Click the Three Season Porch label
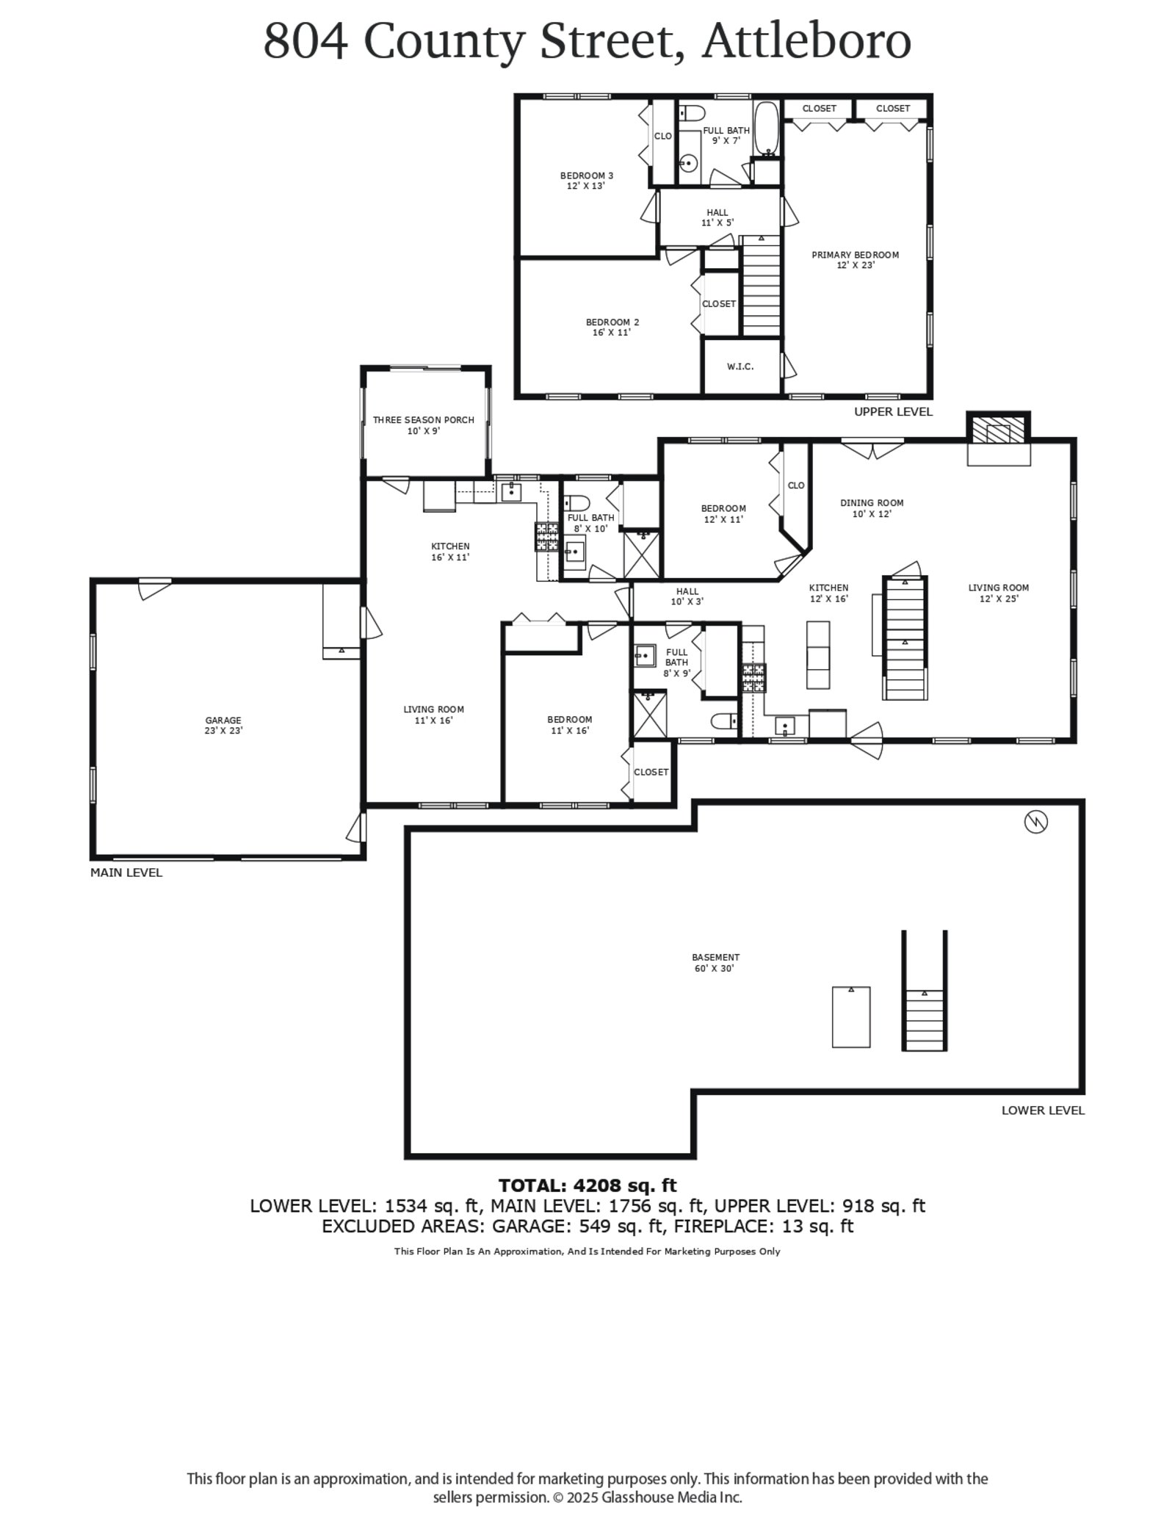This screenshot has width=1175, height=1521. (423, 425)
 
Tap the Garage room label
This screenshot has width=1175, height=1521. (223, 726)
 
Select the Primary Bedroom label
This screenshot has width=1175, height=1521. (855, 260)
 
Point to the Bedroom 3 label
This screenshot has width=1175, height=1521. (586, 181)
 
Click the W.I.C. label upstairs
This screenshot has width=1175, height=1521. (740, 366)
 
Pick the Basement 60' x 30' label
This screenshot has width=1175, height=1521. (715, 963)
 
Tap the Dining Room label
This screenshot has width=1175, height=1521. (872, 508)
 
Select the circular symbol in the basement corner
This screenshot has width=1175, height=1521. (1035, 823)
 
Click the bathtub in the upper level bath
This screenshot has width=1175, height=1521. (767, 130)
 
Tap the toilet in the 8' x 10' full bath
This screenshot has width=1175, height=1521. (576, 503)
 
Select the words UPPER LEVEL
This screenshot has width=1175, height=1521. (893, 412)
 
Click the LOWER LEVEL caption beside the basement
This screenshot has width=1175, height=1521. (1043, 1110)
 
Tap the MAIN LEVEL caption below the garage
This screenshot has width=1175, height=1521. (126, 873)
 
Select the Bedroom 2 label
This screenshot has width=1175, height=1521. (612, 327)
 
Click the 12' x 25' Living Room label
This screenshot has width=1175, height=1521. (998, 593)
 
